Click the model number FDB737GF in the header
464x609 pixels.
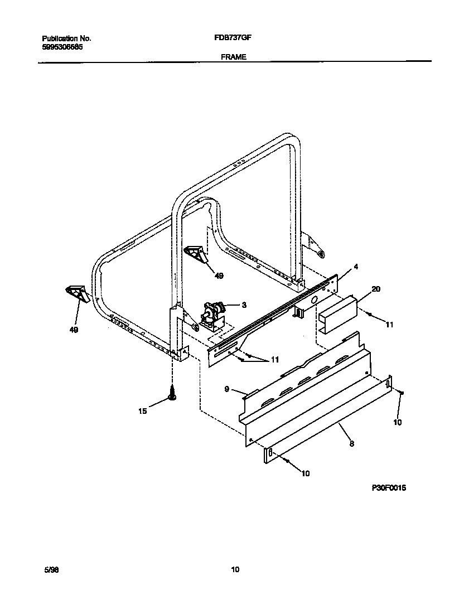click(230, 38)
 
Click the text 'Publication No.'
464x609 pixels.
click(66, 38)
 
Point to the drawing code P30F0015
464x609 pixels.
click(389, 487)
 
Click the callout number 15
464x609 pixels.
click(143, 411)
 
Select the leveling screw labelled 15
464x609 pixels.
click(172, 391)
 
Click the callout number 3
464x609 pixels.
click(243, 304)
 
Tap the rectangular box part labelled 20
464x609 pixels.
click(337, 315)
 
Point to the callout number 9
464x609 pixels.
click(228, 389)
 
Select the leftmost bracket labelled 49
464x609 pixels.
click(76, 293)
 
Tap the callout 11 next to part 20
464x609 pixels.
click(389, 324)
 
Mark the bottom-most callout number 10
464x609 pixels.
click(306, 473)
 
